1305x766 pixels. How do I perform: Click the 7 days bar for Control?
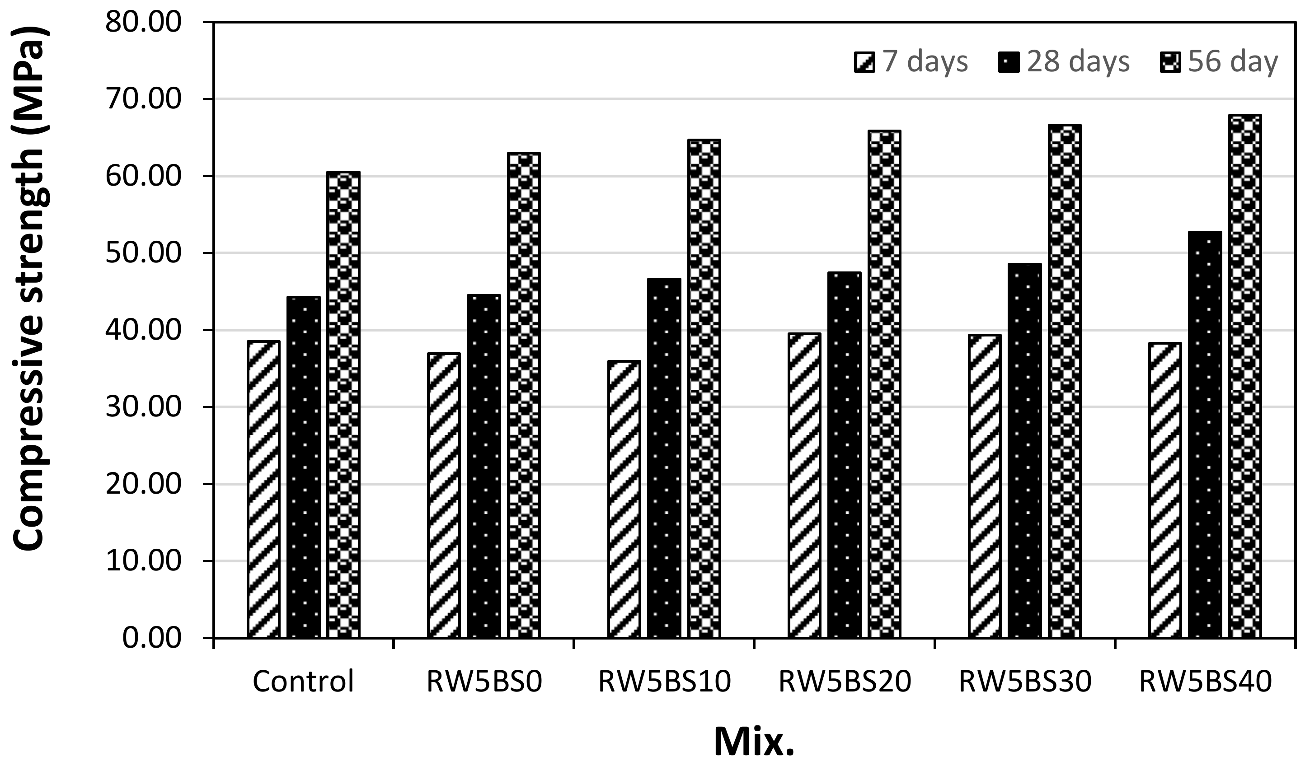click(x=263, y=489)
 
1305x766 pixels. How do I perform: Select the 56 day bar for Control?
click(x=343, y=404)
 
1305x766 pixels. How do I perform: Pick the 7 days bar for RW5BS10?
click(x=624, y=499)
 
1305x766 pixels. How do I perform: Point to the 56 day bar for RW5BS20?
click(x=884, y=384)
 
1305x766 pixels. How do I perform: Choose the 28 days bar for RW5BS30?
click(x=1025, y=450)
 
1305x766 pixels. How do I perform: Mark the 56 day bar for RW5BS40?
click(x=1245, y=376)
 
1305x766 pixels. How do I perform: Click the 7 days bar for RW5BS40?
click(x=1165, y=490)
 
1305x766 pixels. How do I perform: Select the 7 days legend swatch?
click(x=864, y=62)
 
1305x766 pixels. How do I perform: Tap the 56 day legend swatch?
click(x=1170, y=62)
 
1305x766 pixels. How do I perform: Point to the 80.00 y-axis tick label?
click(x=143, y=22)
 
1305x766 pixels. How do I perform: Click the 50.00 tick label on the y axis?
click(x=143, y=253)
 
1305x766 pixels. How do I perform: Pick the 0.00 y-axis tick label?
click(x=152, y=638)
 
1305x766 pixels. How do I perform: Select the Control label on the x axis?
click(x=304, y=681)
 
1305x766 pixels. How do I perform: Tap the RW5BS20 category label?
click(x=845, y=682)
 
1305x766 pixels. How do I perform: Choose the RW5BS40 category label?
click(x=1206, y=682)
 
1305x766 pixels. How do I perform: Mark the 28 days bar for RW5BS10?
click(x=664, y=458)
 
